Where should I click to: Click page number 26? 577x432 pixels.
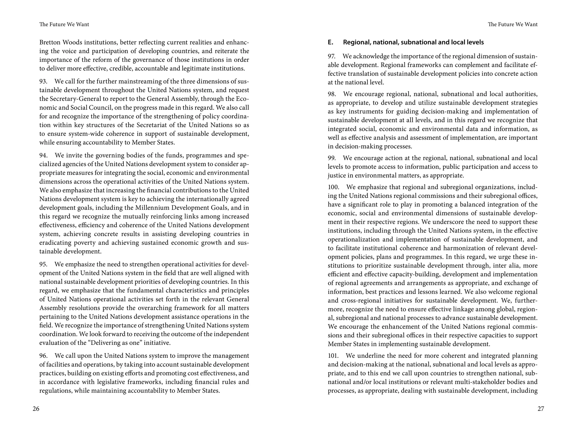pos(36,409)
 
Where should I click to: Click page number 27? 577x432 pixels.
pos(541,409)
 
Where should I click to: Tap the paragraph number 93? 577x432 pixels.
pos(43,82)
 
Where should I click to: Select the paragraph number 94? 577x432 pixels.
pos(43,156)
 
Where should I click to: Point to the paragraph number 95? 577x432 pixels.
pos(43,264)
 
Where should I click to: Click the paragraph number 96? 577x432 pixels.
pos(43,356)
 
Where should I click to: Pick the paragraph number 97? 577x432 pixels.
pos(332,57)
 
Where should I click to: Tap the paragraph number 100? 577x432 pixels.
pos(333,187)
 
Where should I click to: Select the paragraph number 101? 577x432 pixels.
pos(333,356)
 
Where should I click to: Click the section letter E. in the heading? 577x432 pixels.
pos(330,42)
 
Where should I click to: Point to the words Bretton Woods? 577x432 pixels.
pos(61,42)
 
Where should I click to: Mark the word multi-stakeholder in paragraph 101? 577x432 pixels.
pos(480,382)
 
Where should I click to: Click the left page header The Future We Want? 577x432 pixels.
pos(64,24)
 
